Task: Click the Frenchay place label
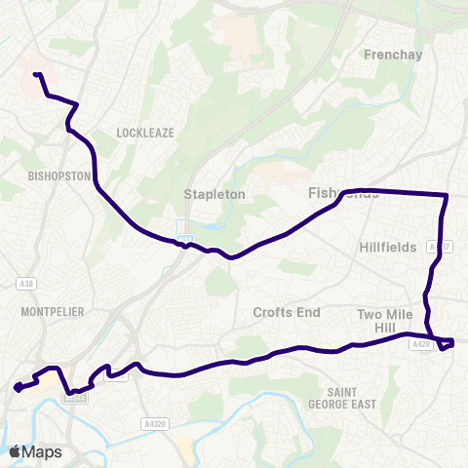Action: [393, 55]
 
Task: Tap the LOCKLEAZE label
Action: [143, 131]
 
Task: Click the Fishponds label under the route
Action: [342, 193]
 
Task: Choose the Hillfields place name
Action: [387, 248]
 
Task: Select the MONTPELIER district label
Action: [52, 311]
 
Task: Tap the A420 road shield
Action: [421, 344]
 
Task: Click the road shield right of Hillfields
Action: [437, 248]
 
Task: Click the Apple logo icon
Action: [15, 451]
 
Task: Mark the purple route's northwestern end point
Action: [36, 75]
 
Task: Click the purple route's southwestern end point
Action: [17, 389]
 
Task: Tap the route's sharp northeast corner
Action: [447, 196]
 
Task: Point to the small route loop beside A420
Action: [445, 344]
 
